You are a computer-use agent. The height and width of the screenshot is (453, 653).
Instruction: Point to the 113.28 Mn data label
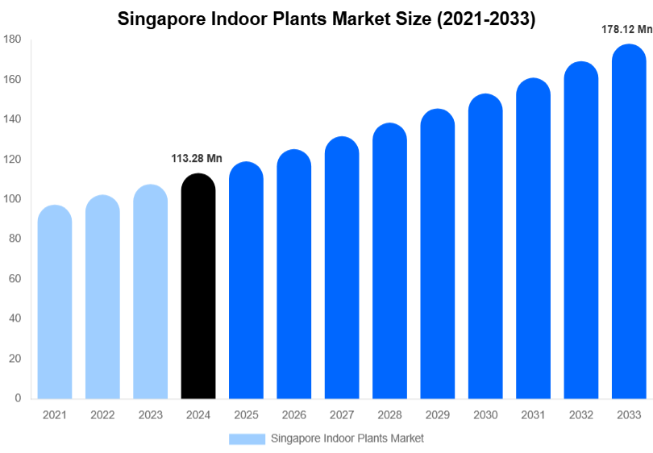(197, 159)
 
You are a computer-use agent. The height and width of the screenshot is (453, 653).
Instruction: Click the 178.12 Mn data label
(626, 29)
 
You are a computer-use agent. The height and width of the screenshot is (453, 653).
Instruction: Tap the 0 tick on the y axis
(18, 398)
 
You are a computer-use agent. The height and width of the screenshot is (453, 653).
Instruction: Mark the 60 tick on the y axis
(15, 279)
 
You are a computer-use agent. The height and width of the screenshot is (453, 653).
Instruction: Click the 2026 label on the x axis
(293, 415)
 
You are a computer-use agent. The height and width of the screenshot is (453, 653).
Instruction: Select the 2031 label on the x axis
(533, 415)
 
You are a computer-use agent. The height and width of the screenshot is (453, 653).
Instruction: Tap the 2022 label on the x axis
(102, 415)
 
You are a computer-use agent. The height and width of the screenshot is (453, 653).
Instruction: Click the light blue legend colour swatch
(247, 438)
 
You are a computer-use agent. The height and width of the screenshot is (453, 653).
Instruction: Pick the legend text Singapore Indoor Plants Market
(347, 438)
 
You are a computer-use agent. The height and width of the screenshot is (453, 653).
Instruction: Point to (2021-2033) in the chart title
(486, 19)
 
